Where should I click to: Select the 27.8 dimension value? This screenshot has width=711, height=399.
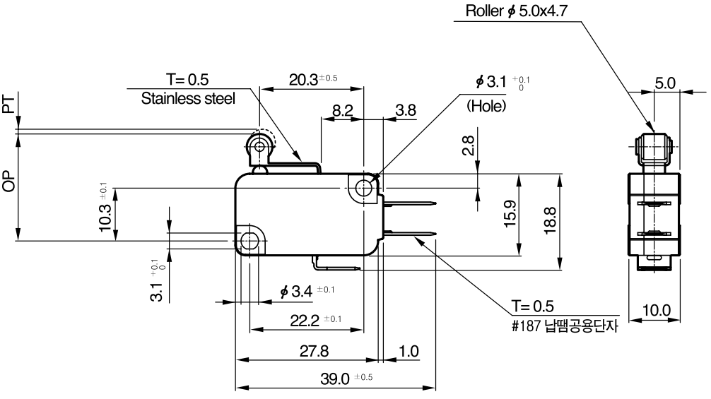click(x=314, y=351)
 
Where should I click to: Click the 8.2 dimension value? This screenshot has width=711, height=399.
click(x=342, y=110)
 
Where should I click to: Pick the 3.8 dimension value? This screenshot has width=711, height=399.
click(x=406, y=110)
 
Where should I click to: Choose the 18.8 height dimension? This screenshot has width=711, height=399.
click(x=550, y=220)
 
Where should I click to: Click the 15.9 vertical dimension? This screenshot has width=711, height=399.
click(x=510, y=213)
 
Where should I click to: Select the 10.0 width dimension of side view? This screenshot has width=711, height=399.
click(x=656, y=310)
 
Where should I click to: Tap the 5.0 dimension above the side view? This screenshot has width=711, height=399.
click(x=665, y=83)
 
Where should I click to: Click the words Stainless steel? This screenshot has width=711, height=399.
click(x=188, y=98)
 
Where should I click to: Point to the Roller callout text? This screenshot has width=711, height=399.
click(x=517, y=11)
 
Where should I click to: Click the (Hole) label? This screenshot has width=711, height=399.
click(x=486, y=106)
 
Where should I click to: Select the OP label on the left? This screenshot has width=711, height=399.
click(x=8, y=182)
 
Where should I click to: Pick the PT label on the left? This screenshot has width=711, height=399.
click(x=8, y=105)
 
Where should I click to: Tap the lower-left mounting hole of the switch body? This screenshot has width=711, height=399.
click(x=249, y=241)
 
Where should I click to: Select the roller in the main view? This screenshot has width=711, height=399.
click(x=260, y=146)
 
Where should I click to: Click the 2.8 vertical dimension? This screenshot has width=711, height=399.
click(x=469, y=145)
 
